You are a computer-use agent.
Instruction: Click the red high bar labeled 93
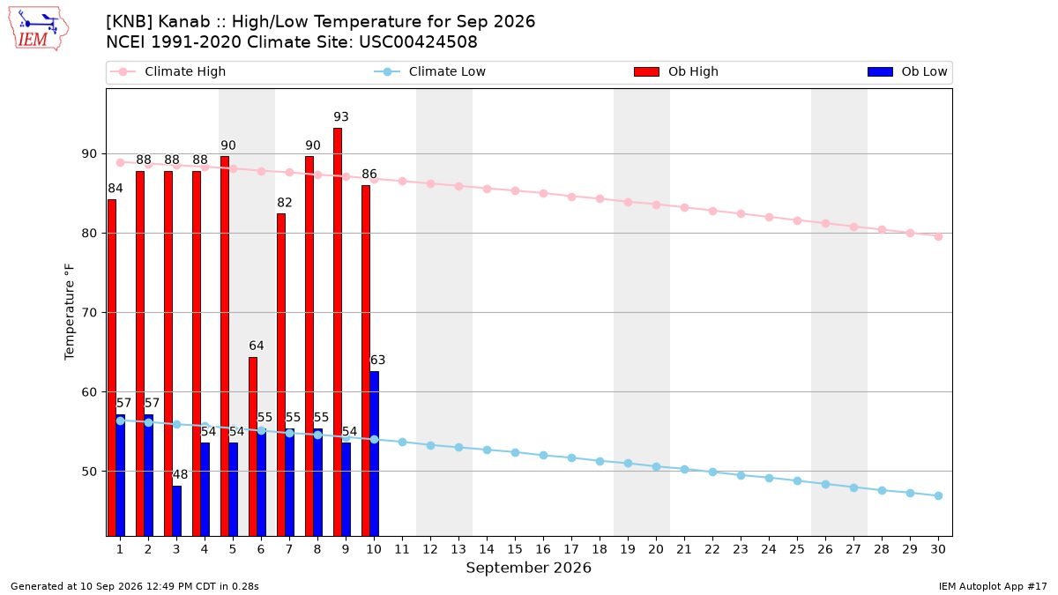tap(338, 332)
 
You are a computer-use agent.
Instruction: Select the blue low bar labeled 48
tap(176, 511)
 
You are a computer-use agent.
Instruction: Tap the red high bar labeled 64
tap(253, 447)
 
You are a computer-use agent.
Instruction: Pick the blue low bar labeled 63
tap(374, 454)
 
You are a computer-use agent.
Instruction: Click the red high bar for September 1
tap(112, 368)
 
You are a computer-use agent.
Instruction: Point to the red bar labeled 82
tap(281, 375)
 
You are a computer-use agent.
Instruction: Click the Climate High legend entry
tap(168, 71)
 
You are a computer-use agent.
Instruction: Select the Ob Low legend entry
tap(907, 71)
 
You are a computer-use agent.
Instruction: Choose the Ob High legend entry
tap(676, 71)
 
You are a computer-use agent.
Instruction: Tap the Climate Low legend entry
tap(430, 71)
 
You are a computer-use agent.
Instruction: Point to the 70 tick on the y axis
tap(89, 313)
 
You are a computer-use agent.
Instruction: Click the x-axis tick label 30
tap(938, 549)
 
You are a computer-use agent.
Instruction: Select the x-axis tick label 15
tap(515, 549)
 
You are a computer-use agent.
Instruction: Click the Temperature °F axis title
tap(69, 312)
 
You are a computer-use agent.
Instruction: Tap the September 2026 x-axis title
tap(528, 568)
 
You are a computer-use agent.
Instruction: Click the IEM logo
tap(38, 29)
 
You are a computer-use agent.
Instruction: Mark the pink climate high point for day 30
tap(938, 236)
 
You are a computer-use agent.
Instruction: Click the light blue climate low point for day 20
tap(656, 466)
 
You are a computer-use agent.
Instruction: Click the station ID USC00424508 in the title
tap(418, 42)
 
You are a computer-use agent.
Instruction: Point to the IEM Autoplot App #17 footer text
tap(993, 586)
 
